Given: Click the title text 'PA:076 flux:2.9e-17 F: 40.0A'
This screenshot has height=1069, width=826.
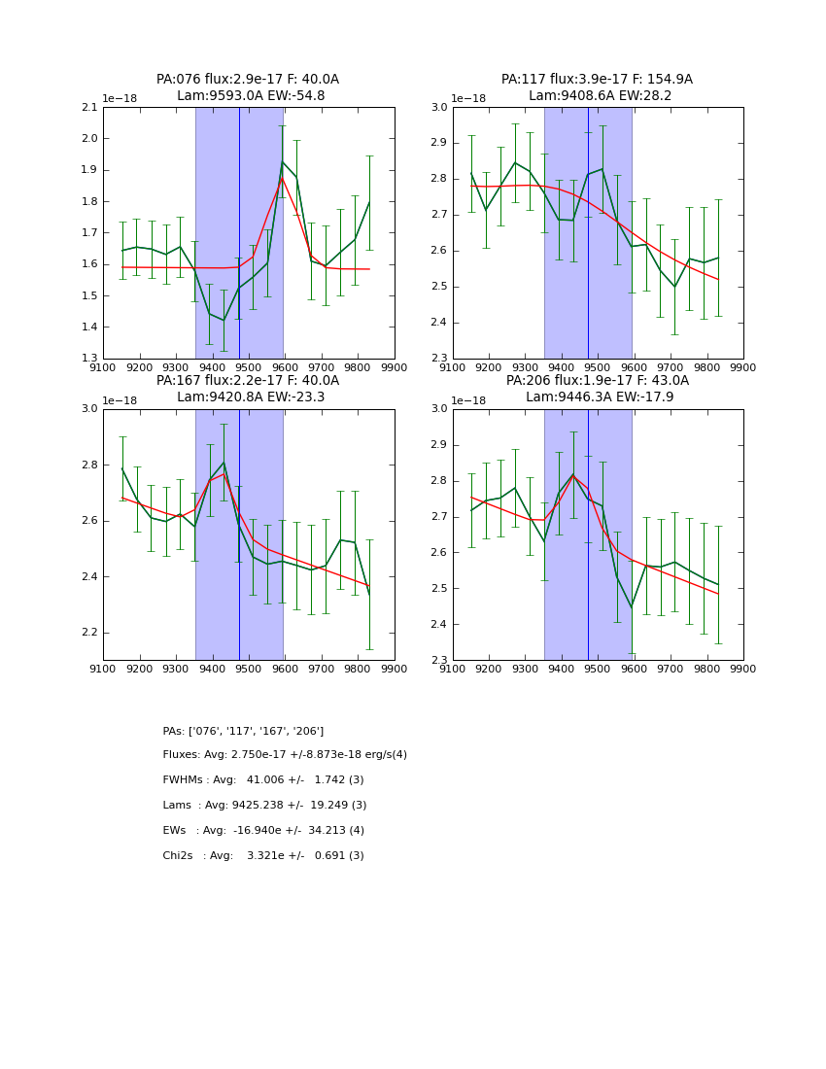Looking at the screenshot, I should click(x=248, y=80).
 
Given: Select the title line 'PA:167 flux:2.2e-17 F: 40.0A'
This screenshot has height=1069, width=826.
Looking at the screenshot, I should click(x=248, y=381).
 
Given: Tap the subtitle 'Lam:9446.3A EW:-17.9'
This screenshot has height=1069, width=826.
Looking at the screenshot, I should click(x=598, y=397).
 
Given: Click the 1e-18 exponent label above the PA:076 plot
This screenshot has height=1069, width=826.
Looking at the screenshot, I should click(x=120, y=99).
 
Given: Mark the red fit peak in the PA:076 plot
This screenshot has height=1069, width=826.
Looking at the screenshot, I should click(x=282, y=177).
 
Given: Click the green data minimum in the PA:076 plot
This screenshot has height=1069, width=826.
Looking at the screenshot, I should click(x=224, y=320).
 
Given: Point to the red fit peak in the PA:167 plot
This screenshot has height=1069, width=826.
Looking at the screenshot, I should click(x=224, y=474).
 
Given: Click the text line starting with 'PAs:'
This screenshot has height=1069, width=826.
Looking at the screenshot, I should click(x=243, y=731).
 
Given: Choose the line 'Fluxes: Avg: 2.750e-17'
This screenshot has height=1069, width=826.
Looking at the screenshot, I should click(x=285, y=755).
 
